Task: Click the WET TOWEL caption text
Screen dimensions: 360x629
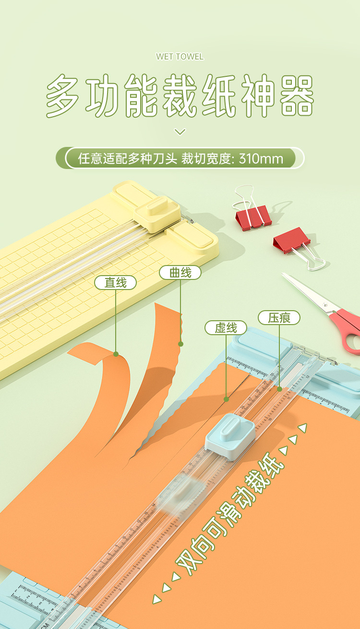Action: click(180, 57)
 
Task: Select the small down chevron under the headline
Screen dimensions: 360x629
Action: click(180, 132)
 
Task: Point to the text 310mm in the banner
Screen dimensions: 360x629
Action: click(261, 158)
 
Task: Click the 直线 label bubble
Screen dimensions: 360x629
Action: click(116, 283)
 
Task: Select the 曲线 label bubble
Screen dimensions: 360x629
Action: click(180, 273)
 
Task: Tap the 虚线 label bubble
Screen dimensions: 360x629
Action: click(226, 328)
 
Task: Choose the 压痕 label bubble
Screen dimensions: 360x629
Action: click(279, 318)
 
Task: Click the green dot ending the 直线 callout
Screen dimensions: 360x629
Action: click(116, 354)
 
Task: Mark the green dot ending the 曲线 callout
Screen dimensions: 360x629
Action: click(180, 344)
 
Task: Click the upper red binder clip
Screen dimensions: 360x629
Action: click(253, 218)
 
